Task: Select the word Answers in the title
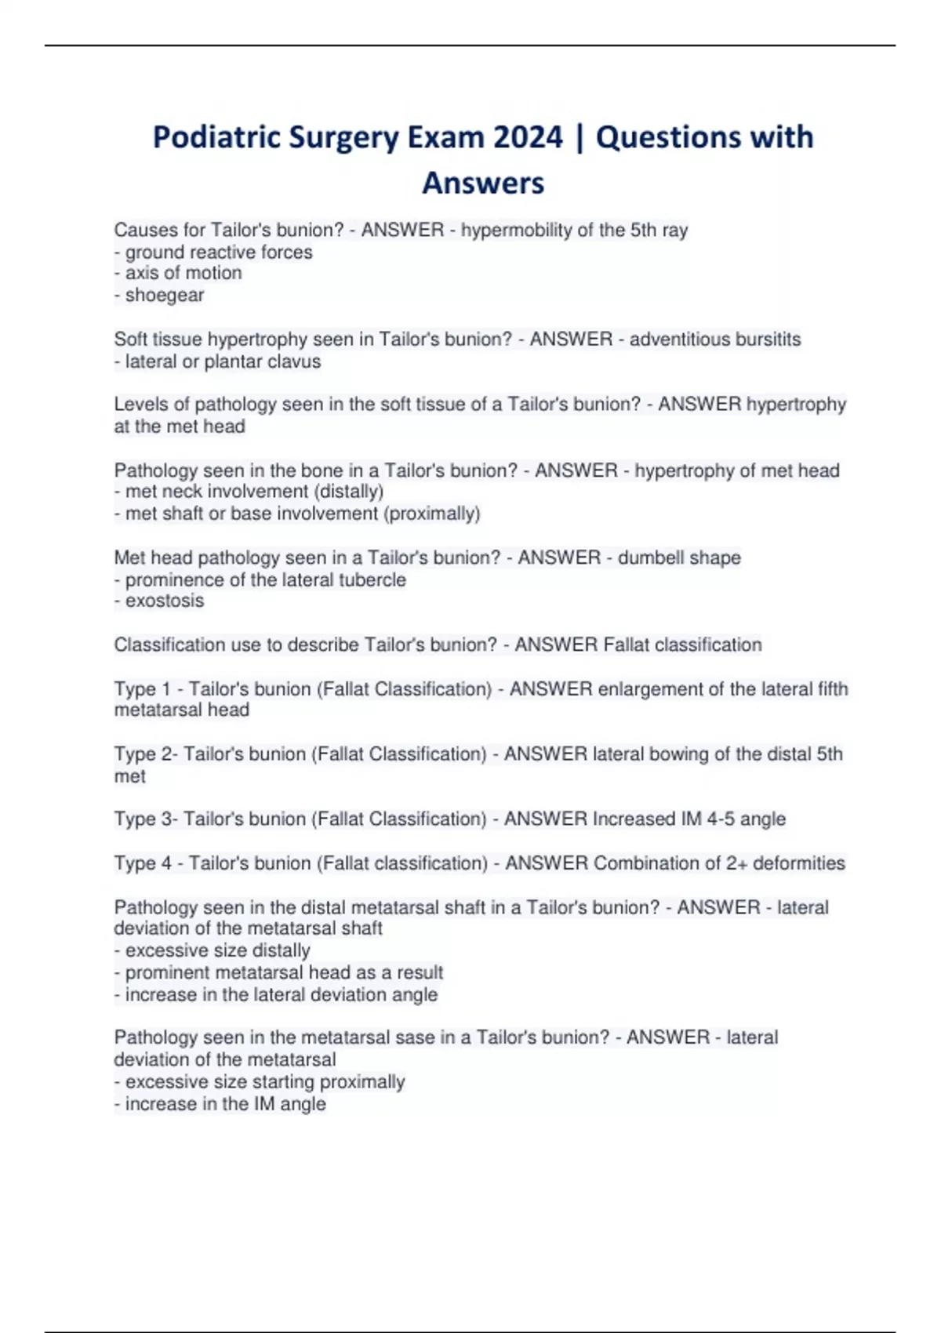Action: (x=483, y=183)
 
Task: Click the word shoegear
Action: (x=165, y=295)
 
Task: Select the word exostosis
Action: (x=165, y=601)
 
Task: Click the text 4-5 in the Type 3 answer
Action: (x=721, y=819)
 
